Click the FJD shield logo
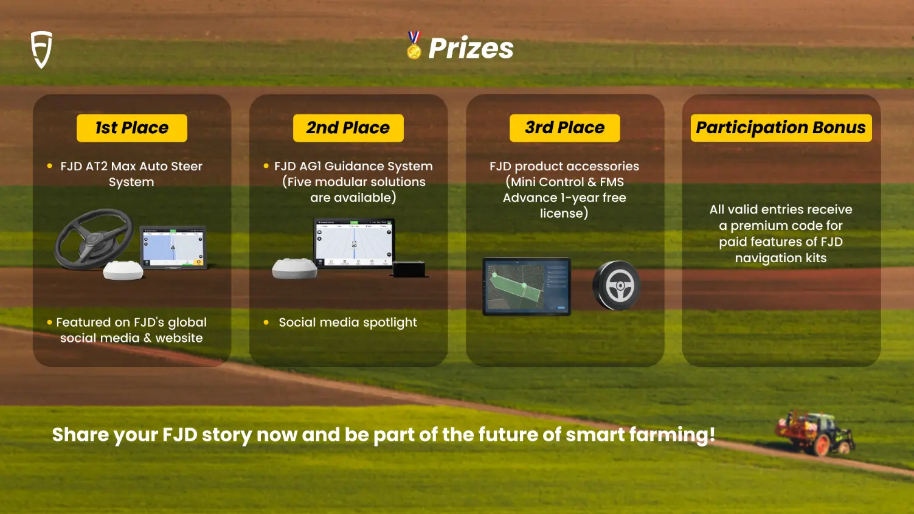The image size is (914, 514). tap(41, 49)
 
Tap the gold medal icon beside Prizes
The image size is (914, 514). tap(414, 46)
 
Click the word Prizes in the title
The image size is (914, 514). tap(471, 48)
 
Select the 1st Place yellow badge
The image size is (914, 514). tap(132, 128)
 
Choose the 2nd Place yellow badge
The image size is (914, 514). tap(348, 128)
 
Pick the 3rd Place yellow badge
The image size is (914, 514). tap(565, 128)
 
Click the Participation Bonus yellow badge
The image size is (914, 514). tap(781, 128)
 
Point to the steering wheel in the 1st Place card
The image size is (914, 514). tap(94, 239)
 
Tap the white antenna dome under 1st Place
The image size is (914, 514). tap(123, 270)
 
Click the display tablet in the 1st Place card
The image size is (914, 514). tap(173, 247)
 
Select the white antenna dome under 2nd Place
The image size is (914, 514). tap(294, 268)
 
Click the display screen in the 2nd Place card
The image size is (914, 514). tap(354, 243)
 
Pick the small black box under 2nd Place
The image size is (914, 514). tap(409, 269)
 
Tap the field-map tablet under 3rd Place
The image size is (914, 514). tap(527, 287)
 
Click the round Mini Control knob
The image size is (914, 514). tap(617, 285)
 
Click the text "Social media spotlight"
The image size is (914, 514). tap(348, 322)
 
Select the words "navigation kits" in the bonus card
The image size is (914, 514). tap(781, 258)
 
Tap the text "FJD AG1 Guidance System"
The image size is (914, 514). tap(353, 166)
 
